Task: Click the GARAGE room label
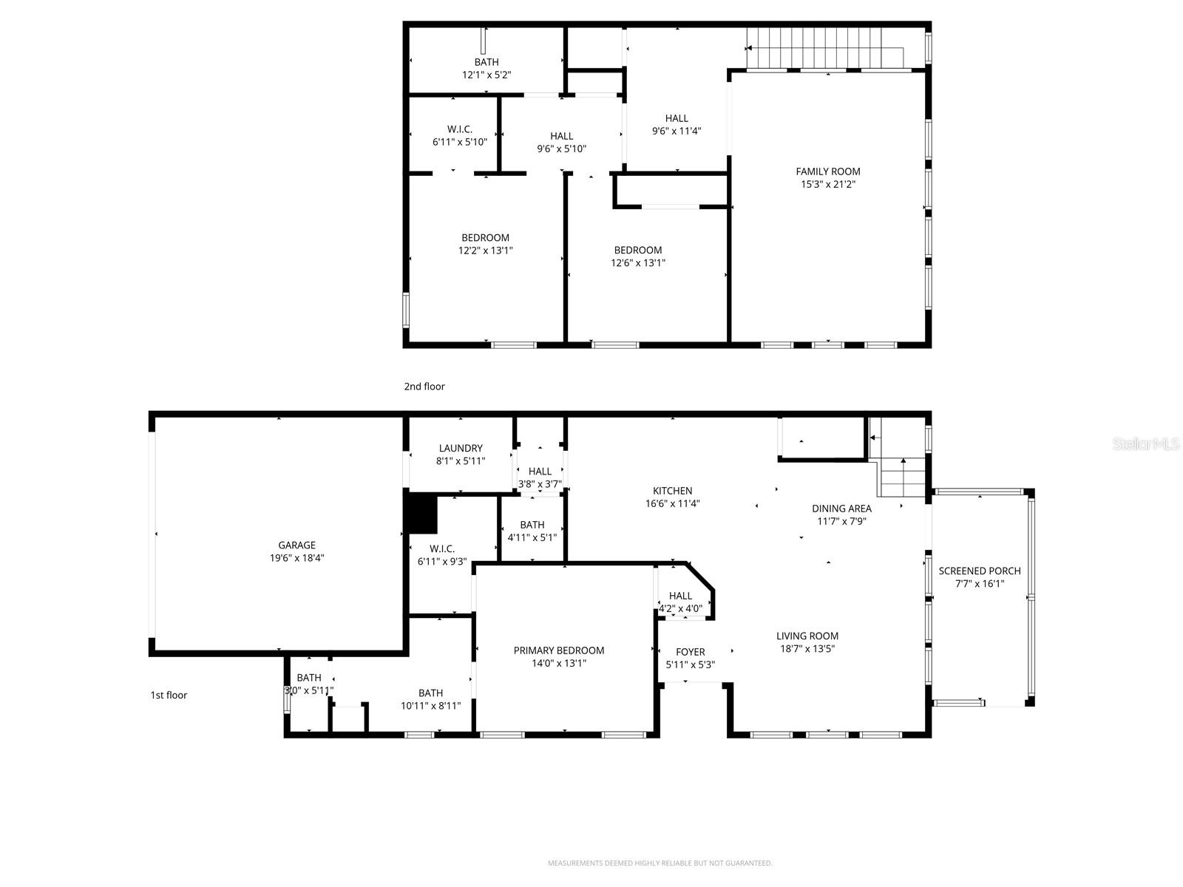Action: click(296, 546)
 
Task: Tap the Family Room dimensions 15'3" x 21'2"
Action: click(827, 185)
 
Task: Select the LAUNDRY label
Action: click(460, 448)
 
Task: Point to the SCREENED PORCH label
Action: click(979, 571)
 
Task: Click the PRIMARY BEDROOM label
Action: click(558, 650)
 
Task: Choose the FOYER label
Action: click(690, 652)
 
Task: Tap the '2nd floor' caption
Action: click(424, 387)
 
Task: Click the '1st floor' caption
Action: click(169, 696)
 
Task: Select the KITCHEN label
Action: click(672, 491)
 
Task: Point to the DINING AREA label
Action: click(841, 509)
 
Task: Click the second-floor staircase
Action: click(824, 48)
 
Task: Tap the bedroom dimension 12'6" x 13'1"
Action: click(637, 263)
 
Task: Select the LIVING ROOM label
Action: click(807, 636)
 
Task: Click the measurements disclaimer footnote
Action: click(660, 863)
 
